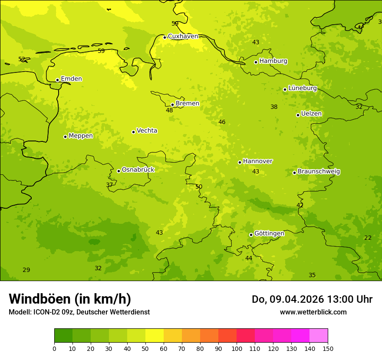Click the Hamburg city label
pos(273,61)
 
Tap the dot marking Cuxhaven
pos(165,37)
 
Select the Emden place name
pos(71,79)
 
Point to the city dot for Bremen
pos(172,105)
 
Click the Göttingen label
pos(269,234)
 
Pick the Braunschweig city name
pos(319,172)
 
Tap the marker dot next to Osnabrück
pos(119,171)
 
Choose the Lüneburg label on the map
pos(302,88)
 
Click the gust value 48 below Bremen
pos(169,111)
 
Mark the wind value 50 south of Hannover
pos(199,187)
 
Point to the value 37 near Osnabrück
pos(109,185)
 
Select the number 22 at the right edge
pos(368,238)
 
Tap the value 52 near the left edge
pos(22,59)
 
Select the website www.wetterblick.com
pos(313,312)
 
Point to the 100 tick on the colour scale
pos(237,348)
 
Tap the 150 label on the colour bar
pos(328,348)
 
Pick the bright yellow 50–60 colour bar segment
pos(155,335)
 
